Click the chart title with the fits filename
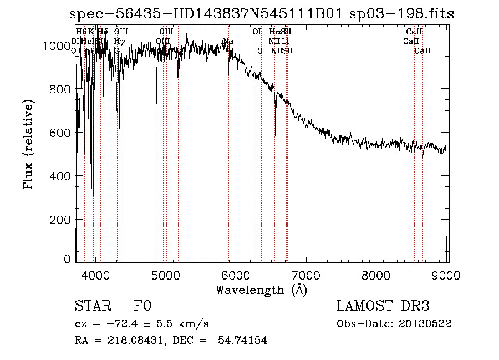pyautogui.click(x=262, y=14)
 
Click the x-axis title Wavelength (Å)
pyautogui.click(x=261, y=290)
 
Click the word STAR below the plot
pyautogui.click(x=91, y=306)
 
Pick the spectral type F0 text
pyautogui.click(x=142, y=306)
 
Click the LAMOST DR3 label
pyautogui.click(x=383, y=306)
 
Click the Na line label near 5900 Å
pyautogui.click(x=227, y=42)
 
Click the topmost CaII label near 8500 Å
pyautogui.click(x=414, y=32)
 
